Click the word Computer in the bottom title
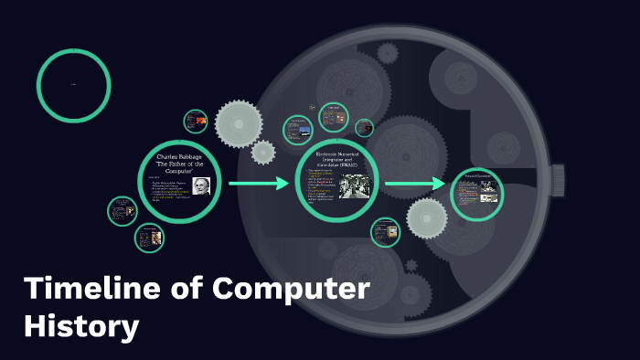pos(293,290)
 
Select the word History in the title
pos(82,325)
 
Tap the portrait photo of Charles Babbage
pos(200,185)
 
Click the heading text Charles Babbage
pos(179,158)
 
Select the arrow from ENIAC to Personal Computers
pos(415,185)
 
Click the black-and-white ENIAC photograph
pos(355,186)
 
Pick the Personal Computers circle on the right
pos(477,194)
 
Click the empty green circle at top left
pos(74,85)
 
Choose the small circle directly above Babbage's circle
pos(196,122)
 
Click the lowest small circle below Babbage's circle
pos(149,238)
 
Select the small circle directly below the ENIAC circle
pos(385,232)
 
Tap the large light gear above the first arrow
pos(240,123)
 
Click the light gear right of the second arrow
pos(426,217)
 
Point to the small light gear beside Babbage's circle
pos(263,153)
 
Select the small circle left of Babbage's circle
pos(122,211)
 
